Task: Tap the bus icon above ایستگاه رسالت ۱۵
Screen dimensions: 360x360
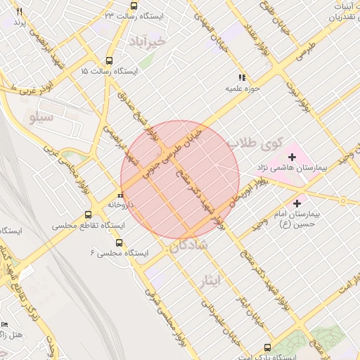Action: tap(109, 61)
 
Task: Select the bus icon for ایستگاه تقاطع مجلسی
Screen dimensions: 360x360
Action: tap(88, 214)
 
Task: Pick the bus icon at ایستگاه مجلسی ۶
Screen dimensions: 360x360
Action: tap(118, 242)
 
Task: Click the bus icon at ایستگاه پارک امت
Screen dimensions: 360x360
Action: tap(266, 347)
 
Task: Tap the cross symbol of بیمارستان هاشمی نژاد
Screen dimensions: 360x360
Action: tap(292, 155)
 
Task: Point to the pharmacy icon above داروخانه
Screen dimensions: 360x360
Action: tap(121, 195)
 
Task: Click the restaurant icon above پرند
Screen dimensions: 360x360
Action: tap(19, 12)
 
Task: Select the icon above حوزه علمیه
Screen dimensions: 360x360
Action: tap(241, 78)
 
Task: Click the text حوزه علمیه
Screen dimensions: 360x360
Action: tap(240, 89)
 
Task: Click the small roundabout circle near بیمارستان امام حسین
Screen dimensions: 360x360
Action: tap(343, 200)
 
